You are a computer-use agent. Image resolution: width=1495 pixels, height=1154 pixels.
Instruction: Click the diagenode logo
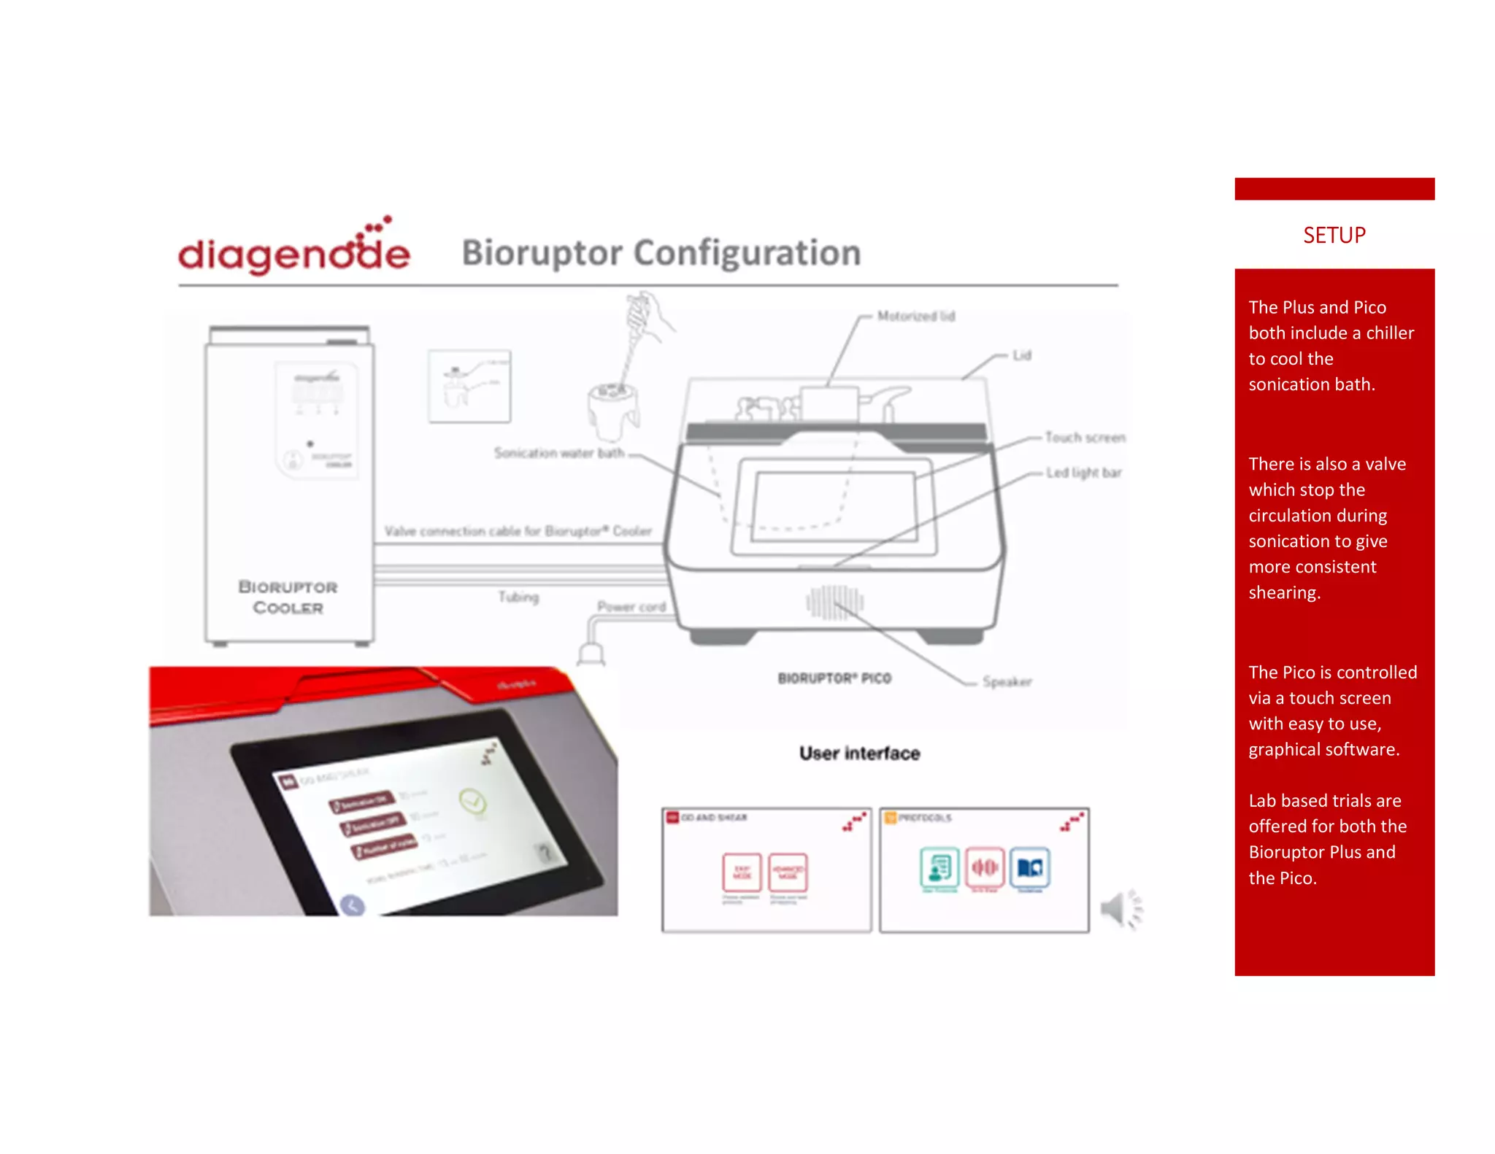[293, 248]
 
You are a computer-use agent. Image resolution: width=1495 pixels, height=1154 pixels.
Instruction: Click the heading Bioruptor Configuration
[661, 253]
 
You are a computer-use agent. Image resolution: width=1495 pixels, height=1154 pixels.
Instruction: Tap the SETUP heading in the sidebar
[1334, 235]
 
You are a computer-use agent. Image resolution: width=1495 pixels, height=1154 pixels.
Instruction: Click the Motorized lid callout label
[915, 316]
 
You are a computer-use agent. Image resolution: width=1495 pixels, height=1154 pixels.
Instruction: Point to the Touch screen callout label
[1084, 437]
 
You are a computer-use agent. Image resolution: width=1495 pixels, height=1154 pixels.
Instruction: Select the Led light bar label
[1083, 473]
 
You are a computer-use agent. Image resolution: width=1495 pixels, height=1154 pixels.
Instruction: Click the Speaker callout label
[1007, 681]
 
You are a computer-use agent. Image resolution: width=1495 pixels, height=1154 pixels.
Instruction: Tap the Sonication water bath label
[558, 453]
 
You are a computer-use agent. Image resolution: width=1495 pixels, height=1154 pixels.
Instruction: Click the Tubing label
[518, 597]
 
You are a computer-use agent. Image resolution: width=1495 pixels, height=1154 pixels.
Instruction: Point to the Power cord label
[631, 606]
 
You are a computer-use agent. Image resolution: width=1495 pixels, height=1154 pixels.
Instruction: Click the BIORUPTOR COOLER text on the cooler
[288, 597]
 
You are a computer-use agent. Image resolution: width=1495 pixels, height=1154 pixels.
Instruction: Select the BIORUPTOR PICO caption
[834, 678]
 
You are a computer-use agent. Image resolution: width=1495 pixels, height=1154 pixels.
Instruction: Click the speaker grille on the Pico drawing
[834, 603]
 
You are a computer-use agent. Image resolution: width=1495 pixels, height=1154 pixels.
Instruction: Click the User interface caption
[859, 753]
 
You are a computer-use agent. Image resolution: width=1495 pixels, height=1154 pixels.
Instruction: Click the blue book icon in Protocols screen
[1029, 867]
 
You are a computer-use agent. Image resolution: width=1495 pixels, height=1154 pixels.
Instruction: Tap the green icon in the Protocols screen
[939, 867]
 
